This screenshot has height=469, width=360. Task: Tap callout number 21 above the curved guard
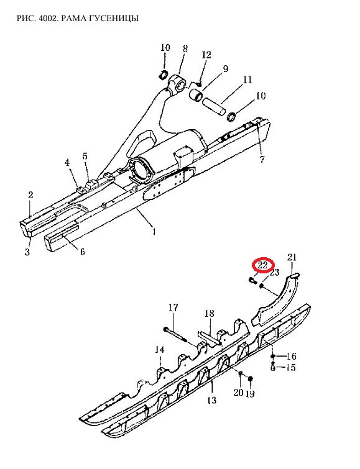point(292,257)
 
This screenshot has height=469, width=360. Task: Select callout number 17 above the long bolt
point(173,307)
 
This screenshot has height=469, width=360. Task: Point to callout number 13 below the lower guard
point(211,399)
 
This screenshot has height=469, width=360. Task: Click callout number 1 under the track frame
point(154,231)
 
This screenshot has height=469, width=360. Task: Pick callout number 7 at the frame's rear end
point(262,160)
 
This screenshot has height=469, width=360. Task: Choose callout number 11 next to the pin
point(247,80)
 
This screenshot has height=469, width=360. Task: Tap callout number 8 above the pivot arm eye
point(185,48)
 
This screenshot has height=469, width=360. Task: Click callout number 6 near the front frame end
point(82,252)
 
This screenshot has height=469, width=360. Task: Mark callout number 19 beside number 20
point(250,393)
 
